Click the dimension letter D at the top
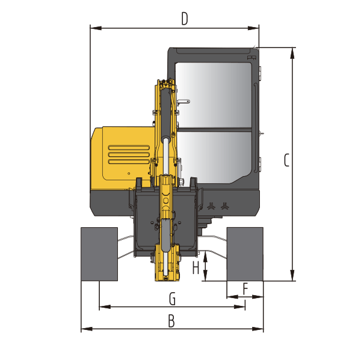point(184,19)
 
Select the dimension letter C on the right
point(286,160)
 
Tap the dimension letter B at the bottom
point(171,322)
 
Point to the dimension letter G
point(172,299)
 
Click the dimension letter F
point(245,289)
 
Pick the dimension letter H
point(196,268)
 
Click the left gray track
point(99,254)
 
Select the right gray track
point(244,254)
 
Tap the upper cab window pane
point(214,94)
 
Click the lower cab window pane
point(214,155)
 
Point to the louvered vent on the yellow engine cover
point(129,154)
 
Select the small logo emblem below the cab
point(217,206)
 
